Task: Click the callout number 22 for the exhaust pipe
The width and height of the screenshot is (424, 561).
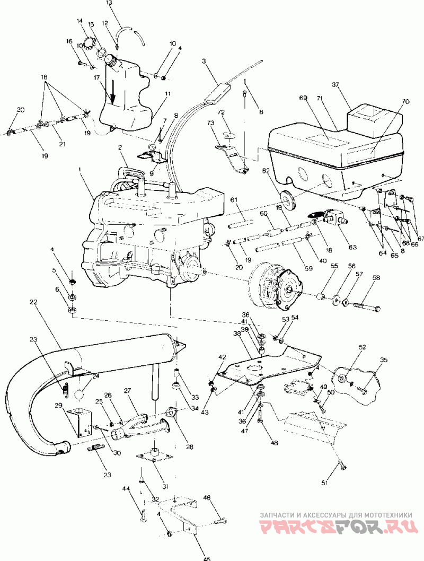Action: [x=33, y=302]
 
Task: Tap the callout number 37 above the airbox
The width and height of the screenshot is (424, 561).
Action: [x=350, y=85]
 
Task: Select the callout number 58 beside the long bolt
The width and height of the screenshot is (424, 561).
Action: [x=376, y=278]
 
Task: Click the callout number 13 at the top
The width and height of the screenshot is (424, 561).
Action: [x=110, y=3]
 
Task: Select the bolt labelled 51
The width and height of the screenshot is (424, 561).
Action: [x=342, y=466]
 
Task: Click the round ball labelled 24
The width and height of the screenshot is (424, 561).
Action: [x=81, y=395]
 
